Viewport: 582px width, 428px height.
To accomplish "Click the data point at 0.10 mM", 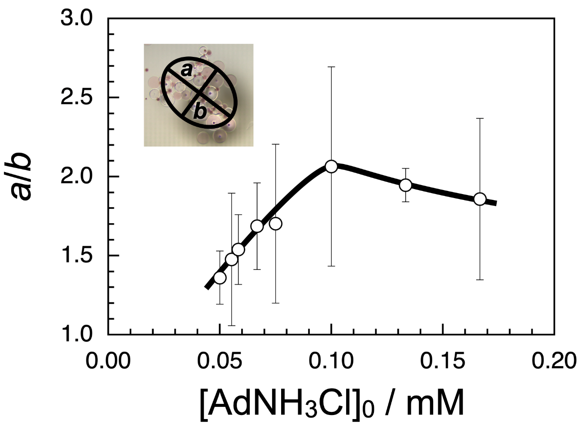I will tap(331, 166).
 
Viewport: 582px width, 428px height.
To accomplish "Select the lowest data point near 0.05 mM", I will tap(220, 277).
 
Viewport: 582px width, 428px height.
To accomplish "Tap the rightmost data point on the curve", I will tap(480, 199).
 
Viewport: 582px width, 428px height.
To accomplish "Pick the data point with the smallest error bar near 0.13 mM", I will tap(405, 185).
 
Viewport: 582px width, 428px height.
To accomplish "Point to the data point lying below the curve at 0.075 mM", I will tap(276, 223).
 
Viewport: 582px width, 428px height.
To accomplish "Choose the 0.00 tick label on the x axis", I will tap(108, 361).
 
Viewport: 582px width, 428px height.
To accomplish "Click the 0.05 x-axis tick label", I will tap(220, 361).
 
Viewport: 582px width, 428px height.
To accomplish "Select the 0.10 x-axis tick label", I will tap(331, 361).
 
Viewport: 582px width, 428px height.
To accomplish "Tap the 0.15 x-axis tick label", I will tap(443, 361).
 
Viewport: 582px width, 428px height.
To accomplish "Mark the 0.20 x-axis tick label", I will tap(554, 361).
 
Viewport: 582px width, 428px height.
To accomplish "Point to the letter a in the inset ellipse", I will tap(187, 69).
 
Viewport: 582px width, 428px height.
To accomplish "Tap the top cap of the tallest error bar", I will tap(331, 67).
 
